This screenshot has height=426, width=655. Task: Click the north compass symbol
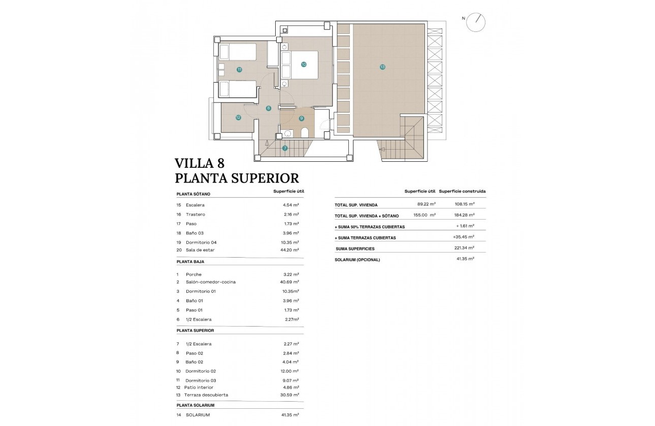click(x=477, y=22)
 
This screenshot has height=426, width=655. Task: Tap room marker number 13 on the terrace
click(x=382, y=66)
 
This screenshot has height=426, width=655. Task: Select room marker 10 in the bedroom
click(x=303, y=64)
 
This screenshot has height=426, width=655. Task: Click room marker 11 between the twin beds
click(x=239, y=69)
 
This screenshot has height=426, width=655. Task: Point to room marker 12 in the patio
click(x=238, y=117)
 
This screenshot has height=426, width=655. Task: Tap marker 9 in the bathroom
click(x=301, y=118)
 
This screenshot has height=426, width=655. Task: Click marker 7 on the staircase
click(x=285, y=148)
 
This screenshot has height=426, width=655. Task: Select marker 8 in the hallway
click(x=269, y=108)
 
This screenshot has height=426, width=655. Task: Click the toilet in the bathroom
click(x=305, y=133)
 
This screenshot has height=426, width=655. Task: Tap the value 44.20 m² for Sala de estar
click(x=290, y=250)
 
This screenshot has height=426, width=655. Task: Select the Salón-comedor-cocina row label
click(x=210, y=282)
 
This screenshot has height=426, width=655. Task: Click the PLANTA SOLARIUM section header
click(x=195, y=405)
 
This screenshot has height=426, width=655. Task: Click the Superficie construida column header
click(x=462, y=191)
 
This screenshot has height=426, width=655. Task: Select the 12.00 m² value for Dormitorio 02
click(x=290, y=371)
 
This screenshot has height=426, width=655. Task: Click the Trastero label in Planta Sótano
click(x=195, y=215)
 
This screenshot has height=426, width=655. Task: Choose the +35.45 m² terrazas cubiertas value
click(x=464, y=237)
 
